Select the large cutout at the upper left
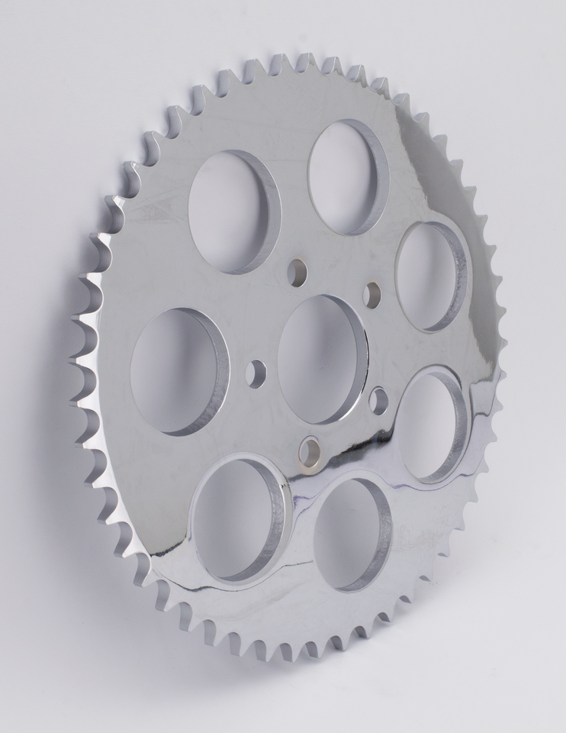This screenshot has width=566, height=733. [x=234, y=212]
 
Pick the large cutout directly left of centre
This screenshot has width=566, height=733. [x=178, y=371]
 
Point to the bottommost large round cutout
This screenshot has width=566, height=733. [x=352, y=533]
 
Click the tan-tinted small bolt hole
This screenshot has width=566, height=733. [x=310, y=451]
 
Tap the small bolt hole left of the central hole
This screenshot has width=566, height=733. [x=256, y=373]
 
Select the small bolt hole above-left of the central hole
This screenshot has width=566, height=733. [x=298, y=270]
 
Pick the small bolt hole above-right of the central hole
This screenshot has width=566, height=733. [x=372, y=295]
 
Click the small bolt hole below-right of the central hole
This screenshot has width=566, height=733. [x=378, y=400]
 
